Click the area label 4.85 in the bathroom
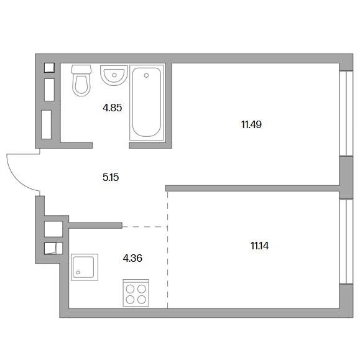[112, 108]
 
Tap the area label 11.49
[251, 125]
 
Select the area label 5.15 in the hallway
[111, 177]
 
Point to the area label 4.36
[132, 258]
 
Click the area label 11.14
[259, 246]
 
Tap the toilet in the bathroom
[81, 81]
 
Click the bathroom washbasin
[114, 75]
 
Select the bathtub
[147, 103]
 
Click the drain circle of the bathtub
[146, 75]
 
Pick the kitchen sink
[85, 267]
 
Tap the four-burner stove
[136, 293]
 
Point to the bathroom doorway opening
[111, 145]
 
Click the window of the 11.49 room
[346, 113]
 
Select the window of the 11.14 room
[346, 241]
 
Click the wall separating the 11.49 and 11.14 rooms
[252, 188]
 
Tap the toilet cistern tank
[81, 69]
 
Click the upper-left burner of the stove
[130, 289]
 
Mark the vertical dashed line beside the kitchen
[168, 250]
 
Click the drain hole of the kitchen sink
[78, 272]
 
